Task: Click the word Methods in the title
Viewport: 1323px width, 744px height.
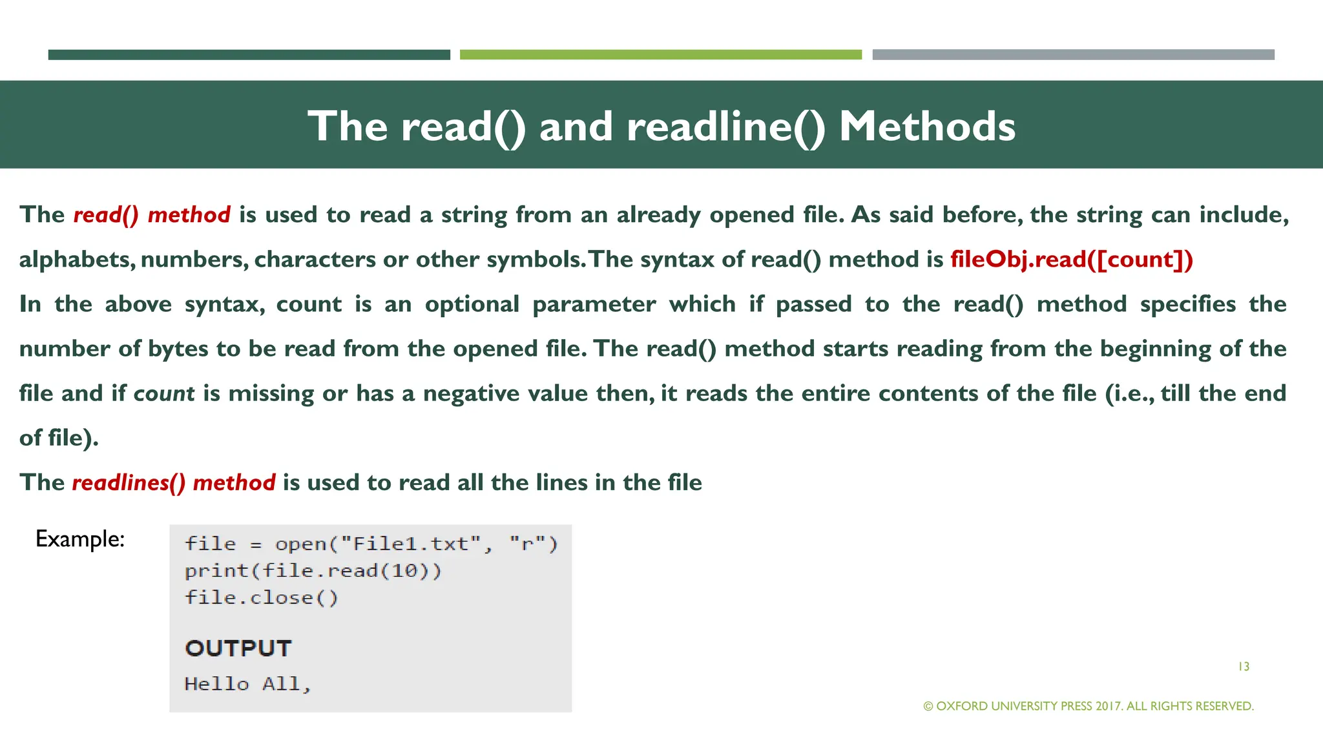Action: tap(927, 126)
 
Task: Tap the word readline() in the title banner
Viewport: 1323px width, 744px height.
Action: tap(726, 126)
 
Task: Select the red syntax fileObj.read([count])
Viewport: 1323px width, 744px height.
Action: tap(1071, 260)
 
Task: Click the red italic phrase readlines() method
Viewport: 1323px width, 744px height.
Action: tap(173, 482)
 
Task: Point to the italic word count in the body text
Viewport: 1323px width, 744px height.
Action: tap(163, 393)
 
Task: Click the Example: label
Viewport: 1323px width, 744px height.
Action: tap(80, 539)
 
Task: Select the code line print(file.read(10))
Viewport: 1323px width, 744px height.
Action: tap(313, 571)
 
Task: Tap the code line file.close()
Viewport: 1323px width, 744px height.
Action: tap(261, 598)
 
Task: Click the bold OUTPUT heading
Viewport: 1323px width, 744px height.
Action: tap(238, 648)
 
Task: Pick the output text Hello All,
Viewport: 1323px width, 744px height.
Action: tap(247, 684)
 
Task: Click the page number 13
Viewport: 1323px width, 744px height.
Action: tap(1244, 666)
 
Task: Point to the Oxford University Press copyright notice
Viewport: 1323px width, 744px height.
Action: tap(1089, 706)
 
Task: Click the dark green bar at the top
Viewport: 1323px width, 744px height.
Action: tap(249, 55)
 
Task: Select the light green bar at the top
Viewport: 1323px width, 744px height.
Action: tap(660, 55)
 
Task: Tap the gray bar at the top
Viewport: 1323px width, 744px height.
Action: tap(1073, 55)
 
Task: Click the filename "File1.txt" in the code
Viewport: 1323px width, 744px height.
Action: tap(410, 544)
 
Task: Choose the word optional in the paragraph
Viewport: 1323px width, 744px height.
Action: tap(472, 304)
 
